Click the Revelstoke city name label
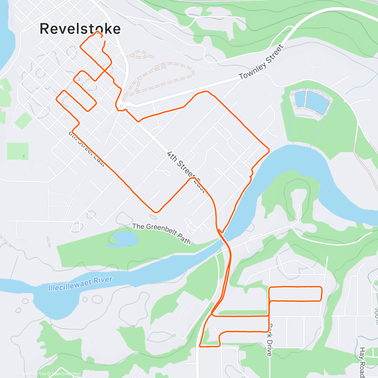point(80,29)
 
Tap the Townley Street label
point(261,62)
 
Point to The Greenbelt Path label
point(162,233)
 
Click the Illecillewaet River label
point(80,283)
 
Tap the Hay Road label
point(362,362)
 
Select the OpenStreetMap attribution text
point(66,374)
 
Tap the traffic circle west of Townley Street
point(121,106)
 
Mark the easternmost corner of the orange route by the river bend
point(269,150)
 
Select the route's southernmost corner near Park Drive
point(200,346)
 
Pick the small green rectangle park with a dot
point(18,151)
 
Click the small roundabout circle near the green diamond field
point(12,126)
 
